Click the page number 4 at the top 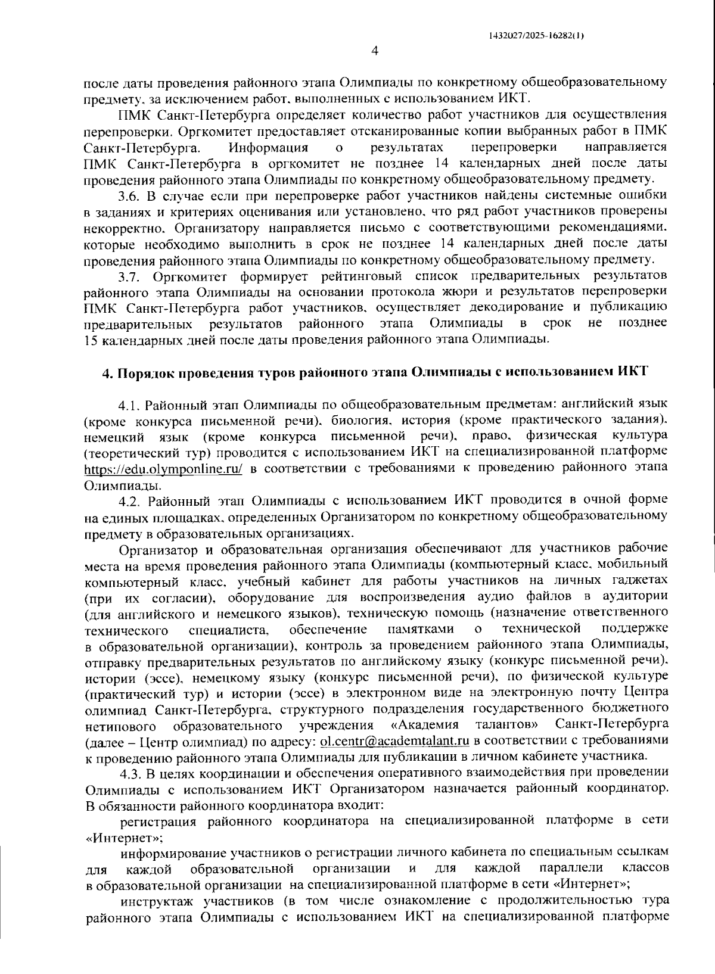click(x=375, y=51)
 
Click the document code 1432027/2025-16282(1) click(x=536, y=36)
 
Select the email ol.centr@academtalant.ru click(x=395, y=741)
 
